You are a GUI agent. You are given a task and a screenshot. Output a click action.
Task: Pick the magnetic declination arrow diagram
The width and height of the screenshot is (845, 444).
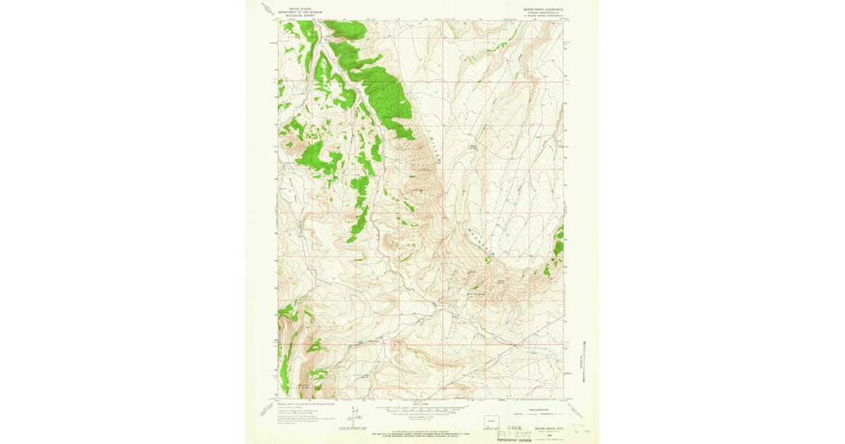pyautogui.click(x=358, y=417)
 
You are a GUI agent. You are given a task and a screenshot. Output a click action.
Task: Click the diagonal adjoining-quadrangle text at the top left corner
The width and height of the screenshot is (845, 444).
pyautogui.click(x=266, y=9)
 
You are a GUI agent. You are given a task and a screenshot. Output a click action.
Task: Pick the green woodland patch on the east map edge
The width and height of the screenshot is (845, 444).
pyautogui.click(x=559, y=241)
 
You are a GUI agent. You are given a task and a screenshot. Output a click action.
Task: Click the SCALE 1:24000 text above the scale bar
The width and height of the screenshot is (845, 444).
pyautogui.click(x=422, y=403)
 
